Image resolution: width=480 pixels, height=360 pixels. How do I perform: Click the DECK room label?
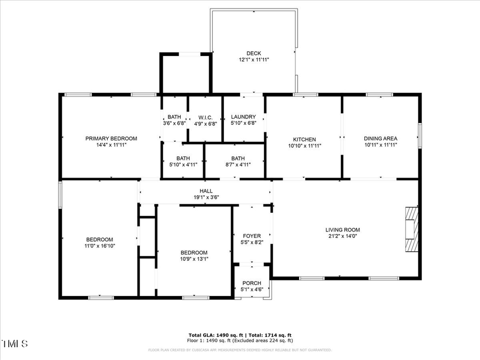[x=253, y=53]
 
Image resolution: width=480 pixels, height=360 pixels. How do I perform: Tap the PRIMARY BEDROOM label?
[x=111, y=139]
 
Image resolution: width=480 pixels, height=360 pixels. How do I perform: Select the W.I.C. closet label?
[x=205, y=117]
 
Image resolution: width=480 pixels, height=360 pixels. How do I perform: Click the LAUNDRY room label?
[x=243, y=117]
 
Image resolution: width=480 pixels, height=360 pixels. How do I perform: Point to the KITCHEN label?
[x=305, y=139]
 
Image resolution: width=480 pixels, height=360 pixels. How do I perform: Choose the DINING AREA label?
[x=380, y=139]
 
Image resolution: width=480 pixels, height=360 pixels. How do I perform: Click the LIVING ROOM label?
[x=342, y=230]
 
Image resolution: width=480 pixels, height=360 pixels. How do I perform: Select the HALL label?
[x=206, y=191]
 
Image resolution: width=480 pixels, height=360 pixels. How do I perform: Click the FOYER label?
[x=252, y=236]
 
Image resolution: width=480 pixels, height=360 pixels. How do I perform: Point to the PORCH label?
[x=252, y=283]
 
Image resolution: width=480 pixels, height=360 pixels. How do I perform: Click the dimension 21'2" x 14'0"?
[x=342, y=237]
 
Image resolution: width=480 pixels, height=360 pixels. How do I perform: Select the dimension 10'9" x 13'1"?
[x=194, y=259]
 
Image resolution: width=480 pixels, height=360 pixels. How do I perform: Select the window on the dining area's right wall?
[x=419, y=135]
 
